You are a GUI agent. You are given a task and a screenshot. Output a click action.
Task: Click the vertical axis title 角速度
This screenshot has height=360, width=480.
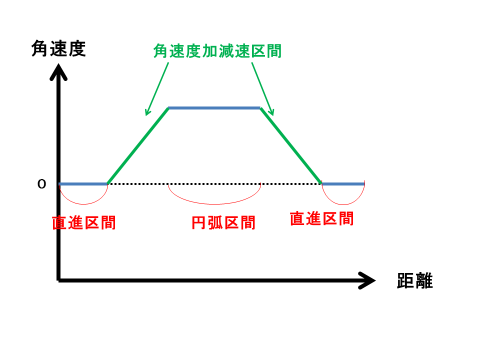[x=58, y=48]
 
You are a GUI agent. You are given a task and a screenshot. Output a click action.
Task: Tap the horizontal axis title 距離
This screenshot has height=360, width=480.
[x=415, y=280]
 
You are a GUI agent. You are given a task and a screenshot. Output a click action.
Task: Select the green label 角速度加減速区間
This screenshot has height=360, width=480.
[x=217, y=51]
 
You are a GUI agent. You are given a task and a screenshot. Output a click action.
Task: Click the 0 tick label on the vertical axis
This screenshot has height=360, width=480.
[x=41, y=184]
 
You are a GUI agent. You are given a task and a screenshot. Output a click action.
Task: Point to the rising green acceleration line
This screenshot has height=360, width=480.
[x=138, y=146]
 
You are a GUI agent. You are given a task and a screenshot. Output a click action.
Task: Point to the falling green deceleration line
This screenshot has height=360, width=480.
[x=291, y=146]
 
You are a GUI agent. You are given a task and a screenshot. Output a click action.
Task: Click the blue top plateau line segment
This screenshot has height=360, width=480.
[x=214, y=108]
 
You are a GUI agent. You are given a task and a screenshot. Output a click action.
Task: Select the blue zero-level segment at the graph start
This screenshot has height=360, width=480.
[x=83, y=184]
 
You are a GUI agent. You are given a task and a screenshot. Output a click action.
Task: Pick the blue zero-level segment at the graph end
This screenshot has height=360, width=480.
[x=343, y=184]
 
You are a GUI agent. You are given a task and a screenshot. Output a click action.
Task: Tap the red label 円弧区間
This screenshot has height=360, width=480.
[x=223, y=222]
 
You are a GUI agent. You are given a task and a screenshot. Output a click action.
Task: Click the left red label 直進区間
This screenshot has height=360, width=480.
[x=83, y=222]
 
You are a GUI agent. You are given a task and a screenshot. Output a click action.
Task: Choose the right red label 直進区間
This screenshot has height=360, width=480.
[x=321, y=218]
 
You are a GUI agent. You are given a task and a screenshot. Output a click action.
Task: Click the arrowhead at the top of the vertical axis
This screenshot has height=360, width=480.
[x=58, y=72]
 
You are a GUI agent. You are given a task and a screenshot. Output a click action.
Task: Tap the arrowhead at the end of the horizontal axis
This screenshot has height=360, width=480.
[x=366, y=280]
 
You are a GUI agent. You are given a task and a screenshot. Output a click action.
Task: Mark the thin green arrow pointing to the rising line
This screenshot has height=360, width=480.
[x=156, y=89]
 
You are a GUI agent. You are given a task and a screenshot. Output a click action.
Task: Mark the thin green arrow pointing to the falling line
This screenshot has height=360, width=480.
[x=262, y=89]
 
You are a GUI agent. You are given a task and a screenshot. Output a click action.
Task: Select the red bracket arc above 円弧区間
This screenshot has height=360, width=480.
[x=214, y=204]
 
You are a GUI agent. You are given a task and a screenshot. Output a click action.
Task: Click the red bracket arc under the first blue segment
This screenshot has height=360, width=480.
[x=83, y=204]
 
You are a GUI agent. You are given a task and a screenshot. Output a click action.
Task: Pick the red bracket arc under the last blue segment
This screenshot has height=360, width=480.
[x=343, y=204]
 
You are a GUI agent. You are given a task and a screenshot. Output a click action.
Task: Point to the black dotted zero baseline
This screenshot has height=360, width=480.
[x=214, y=184]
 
